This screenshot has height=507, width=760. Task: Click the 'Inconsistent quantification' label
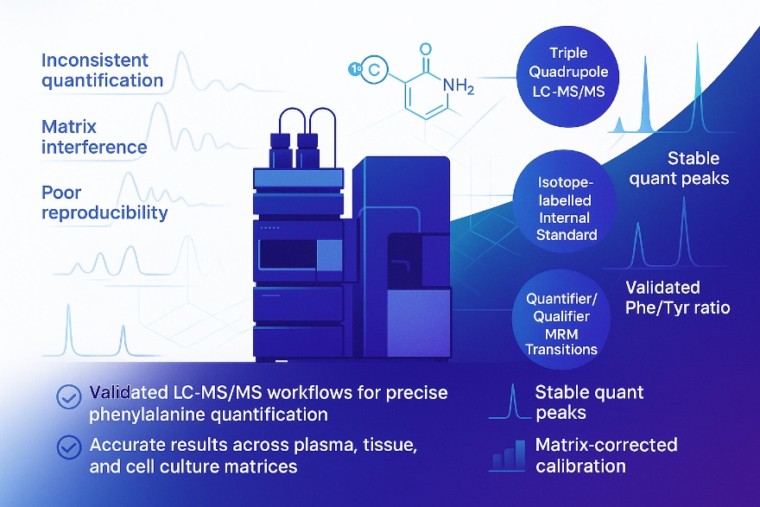pyautogui.click(x=102, y=71)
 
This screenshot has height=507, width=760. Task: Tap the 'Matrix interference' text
pyautogui.click(x=94, y=137)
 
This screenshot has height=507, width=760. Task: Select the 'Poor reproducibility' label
pyautogui.click(x=104, y=201)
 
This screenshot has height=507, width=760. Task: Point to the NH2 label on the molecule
pyautogui.click(x=458, y=85)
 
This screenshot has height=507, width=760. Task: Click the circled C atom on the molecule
pyautogui.click(x=373, y=72)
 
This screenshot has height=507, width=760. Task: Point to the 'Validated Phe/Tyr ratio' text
pyautogui.click(x=677, y=297)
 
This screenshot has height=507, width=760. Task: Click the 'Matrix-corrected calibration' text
pyautogui.click(x=605, y=455)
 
